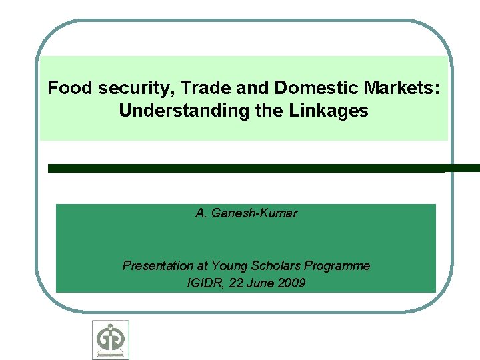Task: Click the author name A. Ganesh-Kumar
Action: click(x=246, y=214)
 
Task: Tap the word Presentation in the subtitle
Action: click(x=155, y=266)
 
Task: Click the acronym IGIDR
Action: click(x=205, y=283)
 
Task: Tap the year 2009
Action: click(x=292, y=283)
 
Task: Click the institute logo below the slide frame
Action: click(x=111, y=340)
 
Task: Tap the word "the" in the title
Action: click(x=270, y=111)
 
